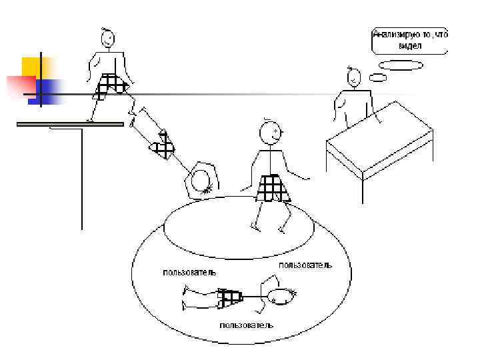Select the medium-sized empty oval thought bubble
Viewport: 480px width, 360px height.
[400, 65]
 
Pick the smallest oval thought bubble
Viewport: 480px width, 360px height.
[377, 78]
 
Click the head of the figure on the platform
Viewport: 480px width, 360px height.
[109, 39]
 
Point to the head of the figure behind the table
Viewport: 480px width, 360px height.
[353, 78]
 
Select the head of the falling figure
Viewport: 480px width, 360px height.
[201, 179]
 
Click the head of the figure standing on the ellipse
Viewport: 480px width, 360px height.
[270, 133]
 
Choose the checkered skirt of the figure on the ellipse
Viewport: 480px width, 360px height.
[273, 187]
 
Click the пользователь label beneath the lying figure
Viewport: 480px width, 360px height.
[246, 325]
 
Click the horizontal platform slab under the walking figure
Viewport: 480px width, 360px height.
[71, 124]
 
